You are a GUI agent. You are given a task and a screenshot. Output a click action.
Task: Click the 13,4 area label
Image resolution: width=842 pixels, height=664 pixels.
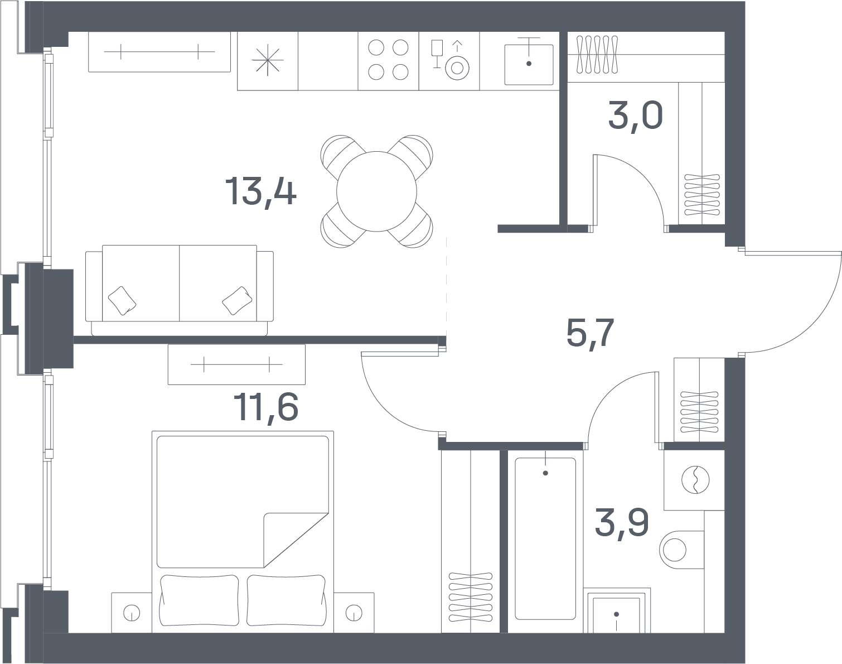(261, 191)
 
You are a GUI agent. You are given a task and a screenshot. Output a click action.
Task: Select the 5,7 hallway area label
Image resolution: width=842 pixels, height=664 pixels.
(590, 333)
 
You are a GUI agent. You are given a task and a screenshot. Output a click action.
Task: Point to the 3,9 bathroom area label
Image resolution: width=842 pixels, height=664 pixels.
(622, 523)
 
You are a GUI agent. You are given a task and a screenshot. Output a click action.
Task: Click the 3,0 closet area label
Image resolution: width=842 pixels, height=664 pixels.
(636, 116)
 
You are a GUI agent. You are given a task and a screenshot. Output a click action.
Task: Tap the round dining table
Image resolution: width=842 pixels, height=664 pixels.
(376, 191)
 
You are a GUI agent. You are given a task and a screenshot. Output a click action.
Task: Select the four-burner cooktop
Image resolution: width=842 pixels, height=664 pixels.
(388, 61)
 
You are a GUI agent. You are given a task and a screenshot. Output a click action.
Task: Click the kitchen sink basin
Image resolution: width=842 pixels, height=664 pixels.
(529, 65)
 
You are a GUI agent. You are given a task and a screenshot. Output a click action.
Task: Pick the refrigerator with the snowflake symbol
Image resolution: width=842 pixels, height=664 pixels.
(268, 61)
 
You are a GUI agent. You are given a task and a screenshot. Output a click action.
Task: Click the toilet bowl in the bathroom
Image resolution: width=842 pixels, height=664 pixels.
(681, 550)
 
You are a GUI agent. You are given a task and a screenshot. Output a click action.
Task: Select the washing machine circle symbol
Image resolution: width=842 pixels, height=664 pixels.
(695, 480)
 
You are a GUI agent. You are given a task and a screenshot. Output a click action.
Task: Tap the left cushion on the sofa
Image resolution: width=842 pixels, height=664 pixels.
(122, 301)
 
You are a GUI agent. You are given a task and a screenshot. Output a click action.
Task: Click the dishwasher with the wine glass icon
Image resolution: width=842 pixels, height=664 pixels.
(449, 61)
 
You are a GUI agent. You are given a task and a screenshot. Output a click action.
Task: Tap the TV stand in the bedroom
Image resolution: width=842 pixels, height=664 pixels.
(236, 364)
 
